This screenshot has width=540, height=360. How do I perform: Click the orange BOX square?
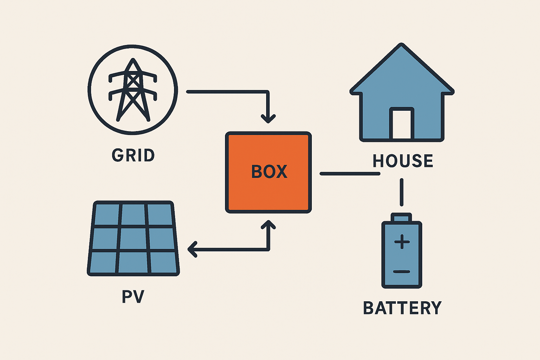click(x=268, y=192)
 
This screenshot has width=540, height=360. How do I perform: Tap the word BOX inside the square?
click(x=269, y=172)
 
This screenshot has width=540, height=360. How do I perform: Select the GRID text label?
click(x=133, y=155)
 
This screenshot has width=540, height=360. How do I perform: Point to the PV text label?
click(x=133, y=297)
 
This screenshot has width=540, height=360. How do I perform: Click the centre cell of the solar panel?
click(x=134, y=239)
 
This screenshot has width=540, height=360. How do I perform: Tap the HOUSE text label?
click(x=403, y=161)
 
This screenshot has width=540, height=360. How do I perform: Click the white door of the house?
click(x=401, y=124)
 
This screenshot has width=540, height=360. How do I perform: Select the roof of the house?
click(x=402, y=70)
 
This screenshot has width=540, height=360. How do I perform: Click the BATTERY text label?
click(x=402, y=308)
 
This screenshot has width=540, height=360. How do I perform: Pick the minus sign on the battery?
click(x=402, y=271)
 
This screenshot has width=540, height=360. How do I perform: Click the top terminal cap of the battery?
click(x=401, y=217)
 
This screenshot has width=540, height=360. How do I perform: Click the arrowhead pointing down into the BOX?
click(x=268, y=118)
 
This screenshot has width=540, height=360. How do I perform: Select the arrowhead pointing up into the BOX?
click(x=268, y=225)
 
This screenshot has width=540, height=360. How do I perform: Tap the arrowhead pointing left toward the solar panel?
click(x=192, y=250)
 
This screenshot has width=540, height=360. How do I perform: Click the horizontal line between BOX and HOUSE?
click(x=350, y=174)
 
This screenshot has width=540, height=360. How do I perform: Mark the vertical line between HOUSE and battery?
click(x=401, y=192)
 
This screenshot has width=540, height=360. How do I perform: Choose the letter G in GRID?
click(x=117, y=155)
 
